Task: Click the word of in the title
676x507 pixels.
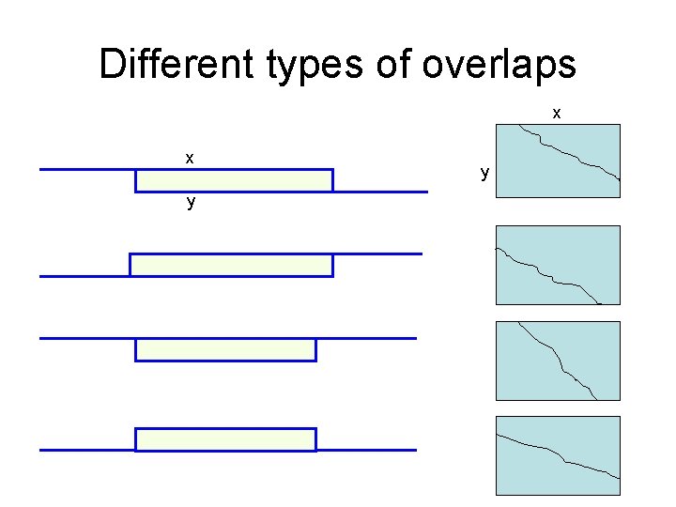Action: click(x=391, y=65)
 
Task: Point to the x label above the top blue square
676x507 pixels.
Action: click(x=557, y=114)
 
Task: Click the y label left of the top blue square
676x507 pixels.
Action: click(x=484, y=174)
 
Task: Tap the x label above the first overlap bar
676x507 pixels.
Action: click(x=190, y=158)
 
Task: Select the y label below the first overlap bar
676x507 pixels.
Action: click(x=191, y=202)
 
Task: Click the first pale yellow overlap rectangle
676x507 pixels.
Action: click(x=234, y=180)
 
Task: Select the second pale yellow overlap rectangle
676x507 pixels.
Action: click(x=231, y=265)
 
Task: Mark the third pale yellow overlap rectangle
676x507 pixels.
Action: click(x=225, y=349)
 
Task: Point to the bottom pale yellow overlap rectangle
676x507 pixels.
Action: click(x=225, y=438)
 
